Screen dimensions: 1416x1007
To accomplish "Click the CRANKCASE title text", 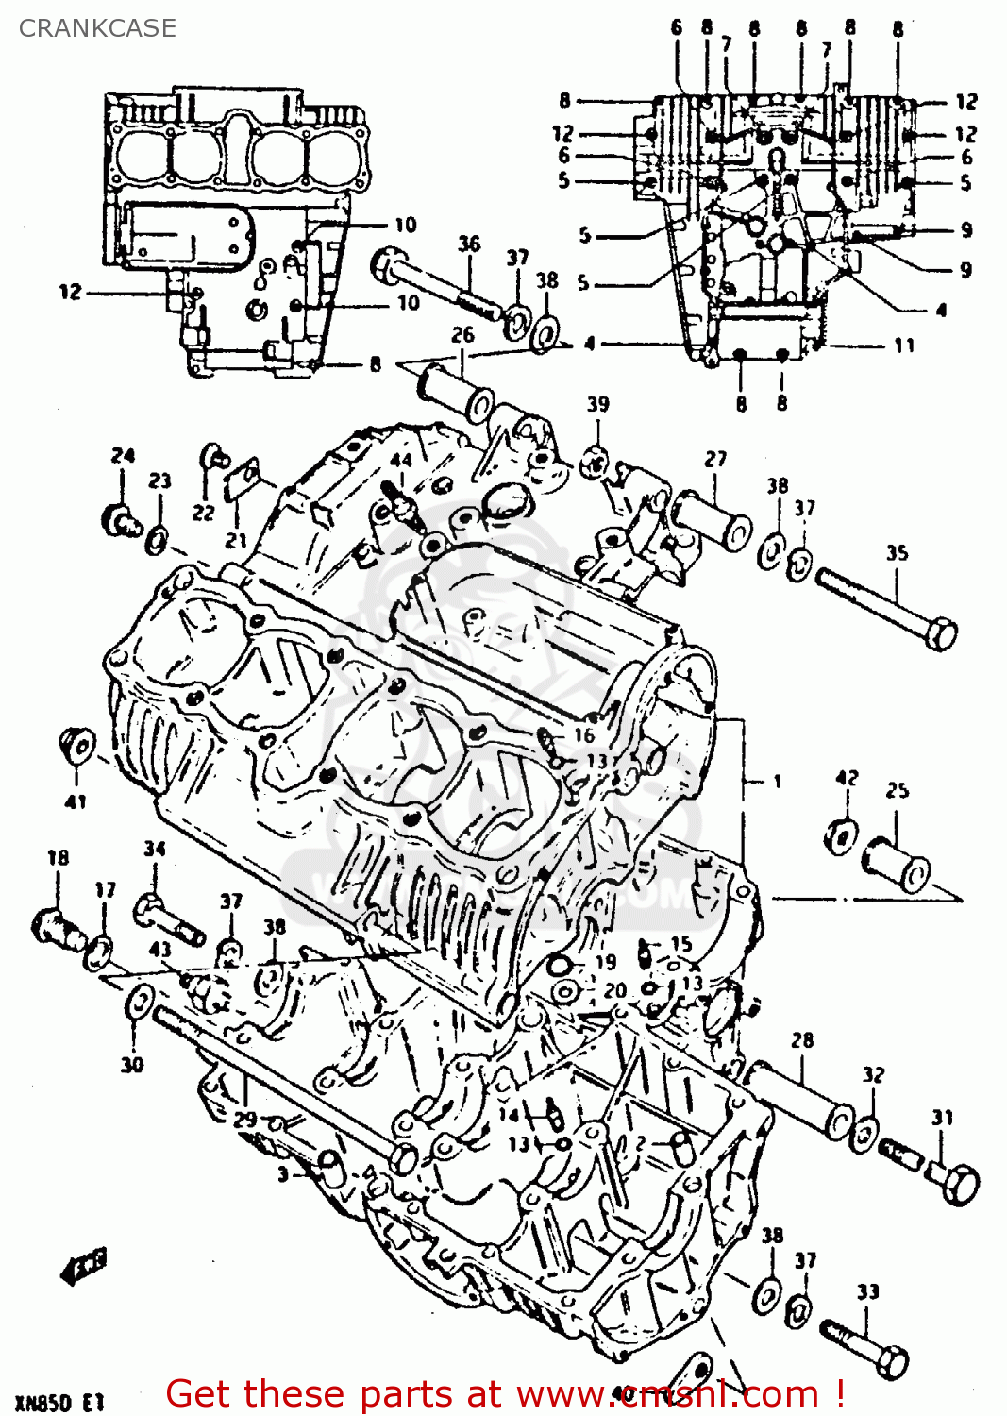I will point(97,27).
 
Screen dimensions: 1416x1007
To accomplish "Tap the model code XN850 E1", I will point(59,1402).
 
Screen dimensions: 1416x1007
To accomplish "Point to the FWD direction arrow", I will point(84,1266).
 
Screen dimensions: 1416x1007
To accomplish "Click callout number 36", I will point(469,244).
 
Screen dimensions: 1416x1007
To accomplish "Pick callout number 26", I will point(462,335).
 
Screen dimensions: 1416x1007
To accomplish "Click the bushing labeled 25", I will point(897,861).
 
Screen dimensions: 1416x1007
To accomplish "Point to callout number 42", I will point(847,778).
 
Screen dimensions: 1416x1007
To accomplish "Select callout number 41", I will point(76,801).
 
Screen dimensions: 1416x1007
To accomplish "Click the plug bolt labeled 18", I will point(57,924).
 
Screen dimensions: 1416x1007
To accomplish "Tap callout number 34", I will point(155,849).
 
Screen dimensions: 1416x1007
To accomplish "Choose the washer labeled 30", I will point(137,1003).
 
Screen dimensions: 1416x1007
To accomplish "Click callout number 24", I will point(123,456).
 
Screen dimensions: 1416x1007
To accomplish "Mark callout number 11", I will point(904,346).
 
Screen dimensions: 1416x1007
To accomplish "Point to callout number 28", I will point(802,1040).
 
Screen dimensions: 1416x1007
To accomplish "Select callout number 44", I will point(401,461).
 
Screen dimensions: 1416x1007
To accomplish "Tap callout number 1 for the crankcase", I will point(777,782).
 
